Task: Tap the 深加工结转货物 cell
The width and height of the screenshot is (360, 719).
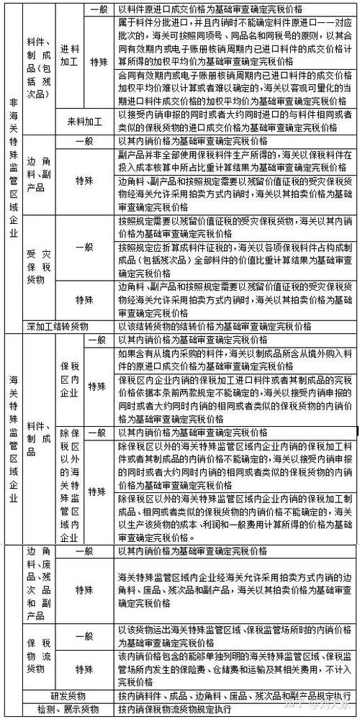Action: coord(57,325)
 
